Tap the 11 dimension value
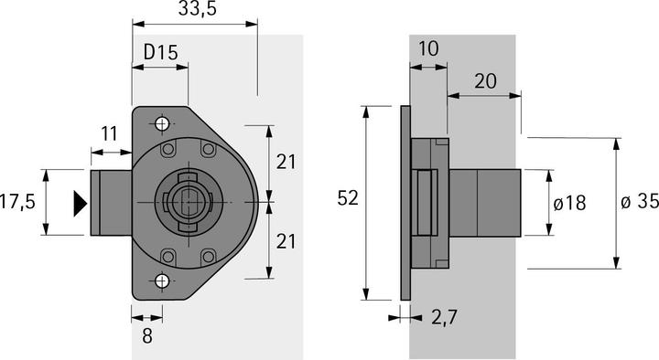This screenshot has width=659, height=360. (x=109, y=133)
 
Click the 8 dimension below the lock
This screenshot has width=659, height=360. (x=147, y=334)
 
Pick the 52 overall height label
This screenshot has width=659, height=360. (x=348, y=198)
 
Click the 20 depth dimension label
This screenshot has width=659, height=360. (x=485, y=81)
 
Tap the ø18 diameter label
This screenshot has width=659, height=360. (x=568, y=203)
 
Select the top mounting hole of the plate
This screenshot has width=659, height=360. (x=162, y=123)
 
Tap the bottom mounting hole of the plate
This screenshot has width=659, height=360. (x=162, y=281)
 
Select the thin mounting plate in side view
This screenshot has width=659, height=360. (x=404, y=202)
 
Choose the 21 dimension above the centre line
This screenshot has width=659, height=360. (x=286, y=162)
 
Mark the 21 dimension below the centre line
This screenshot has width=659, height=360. (x=286, y=242)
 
